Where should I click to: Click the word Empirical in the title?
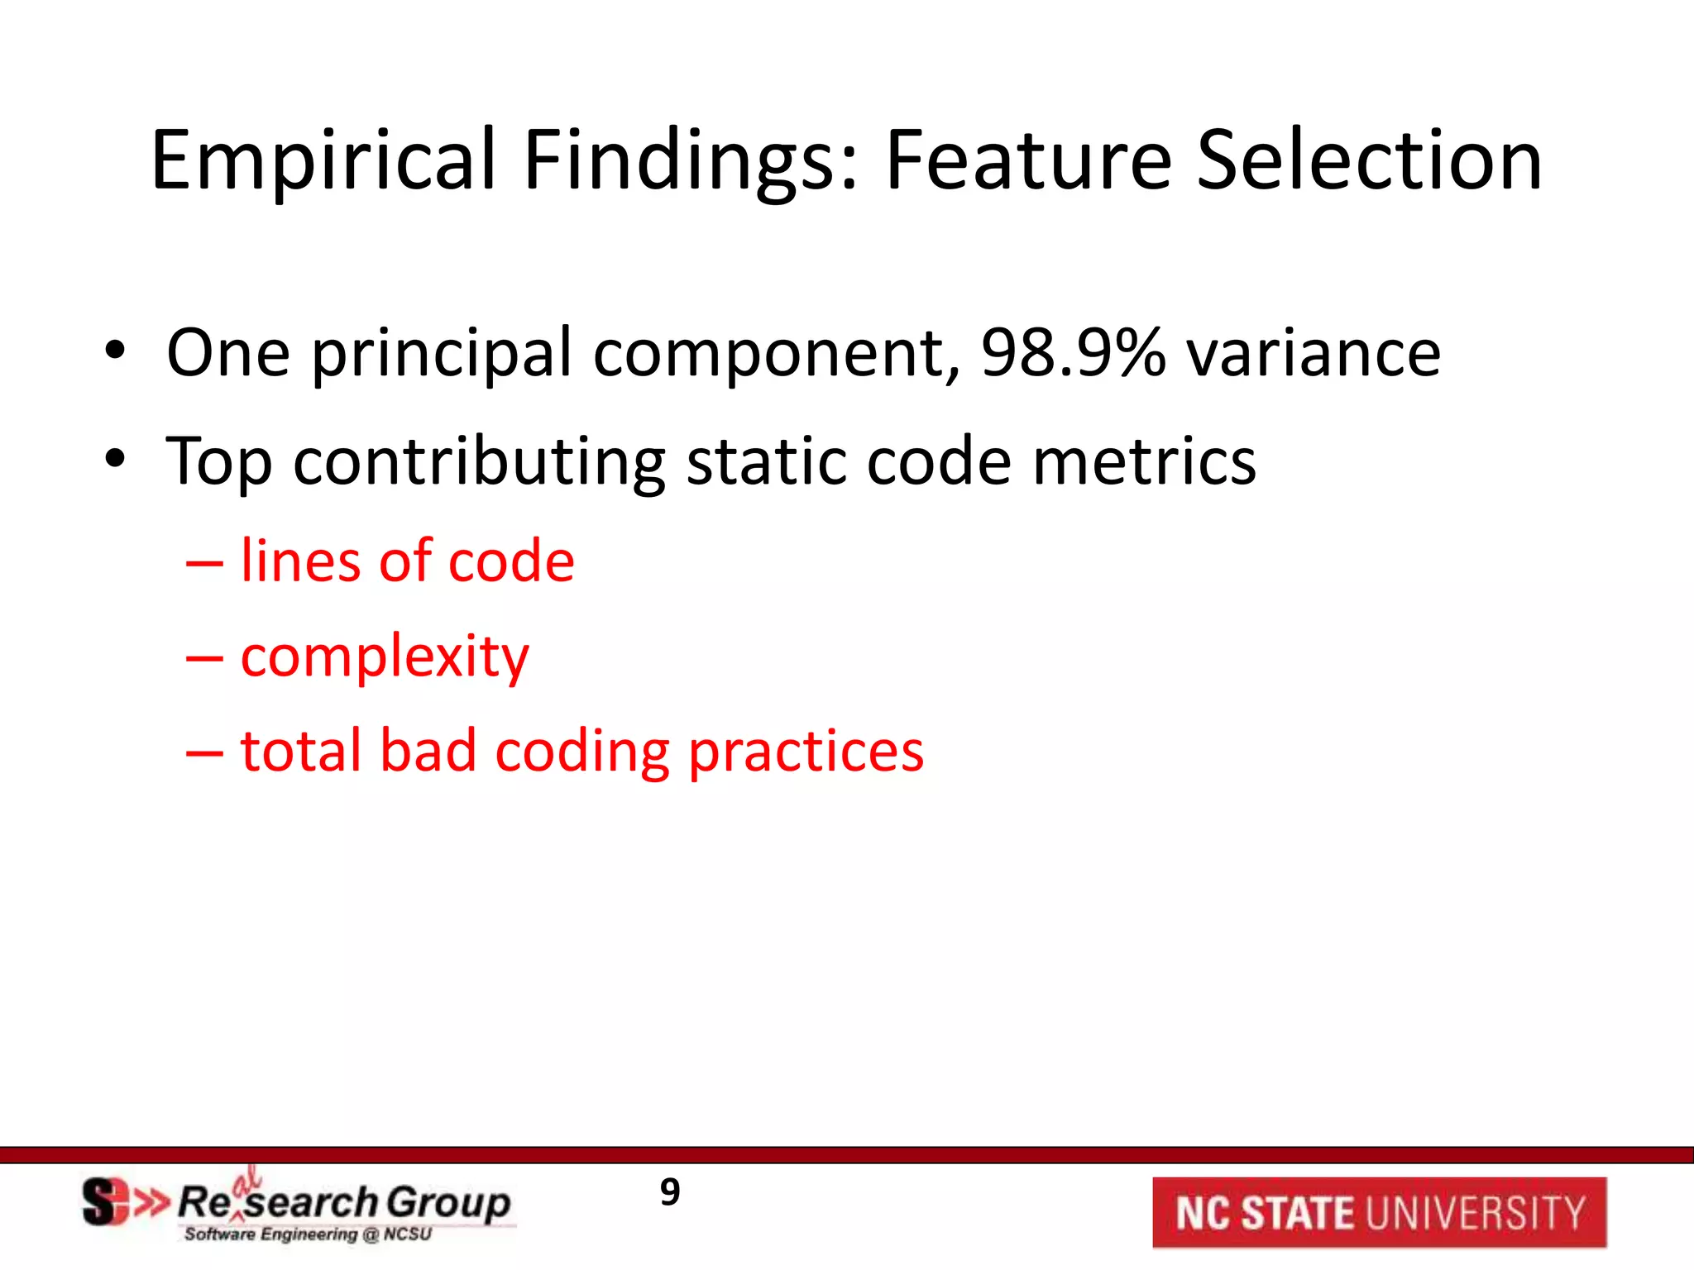pyautogui.click(x=323, y=161)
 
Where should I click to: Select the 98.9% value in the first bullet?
pyautogui.click(x=1073, y=353)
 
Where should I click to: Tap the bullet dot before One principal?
pyautogui.click(x=115, y=351)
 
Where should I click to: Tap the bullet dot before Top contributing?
pyautogui.click(x=115, y=459)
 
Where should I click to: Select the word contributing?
pyautogui.click(x=479, y=461)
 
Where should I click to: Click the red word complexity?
pyautogui.click(x=385, y=657)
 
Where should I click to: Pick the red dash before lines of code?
pyautogui.click(x=204, y=563)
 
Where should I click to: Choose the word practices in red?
pyautogui.click(x=806, y=752)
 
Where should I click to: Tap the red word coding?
pyautogui.click(x=582, y=752)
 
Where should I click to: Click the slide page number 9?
pyautogui.click(x=670, y=1192)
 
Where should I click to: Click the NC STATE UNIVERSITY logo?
pyautogui.click(x=1379, y=1212)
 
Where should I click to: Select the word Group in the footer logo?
pyautogui.click(x=447, y=1203)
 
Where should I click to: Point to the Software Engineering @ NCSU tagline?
pyautogui.click(x=308, y=1234)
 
